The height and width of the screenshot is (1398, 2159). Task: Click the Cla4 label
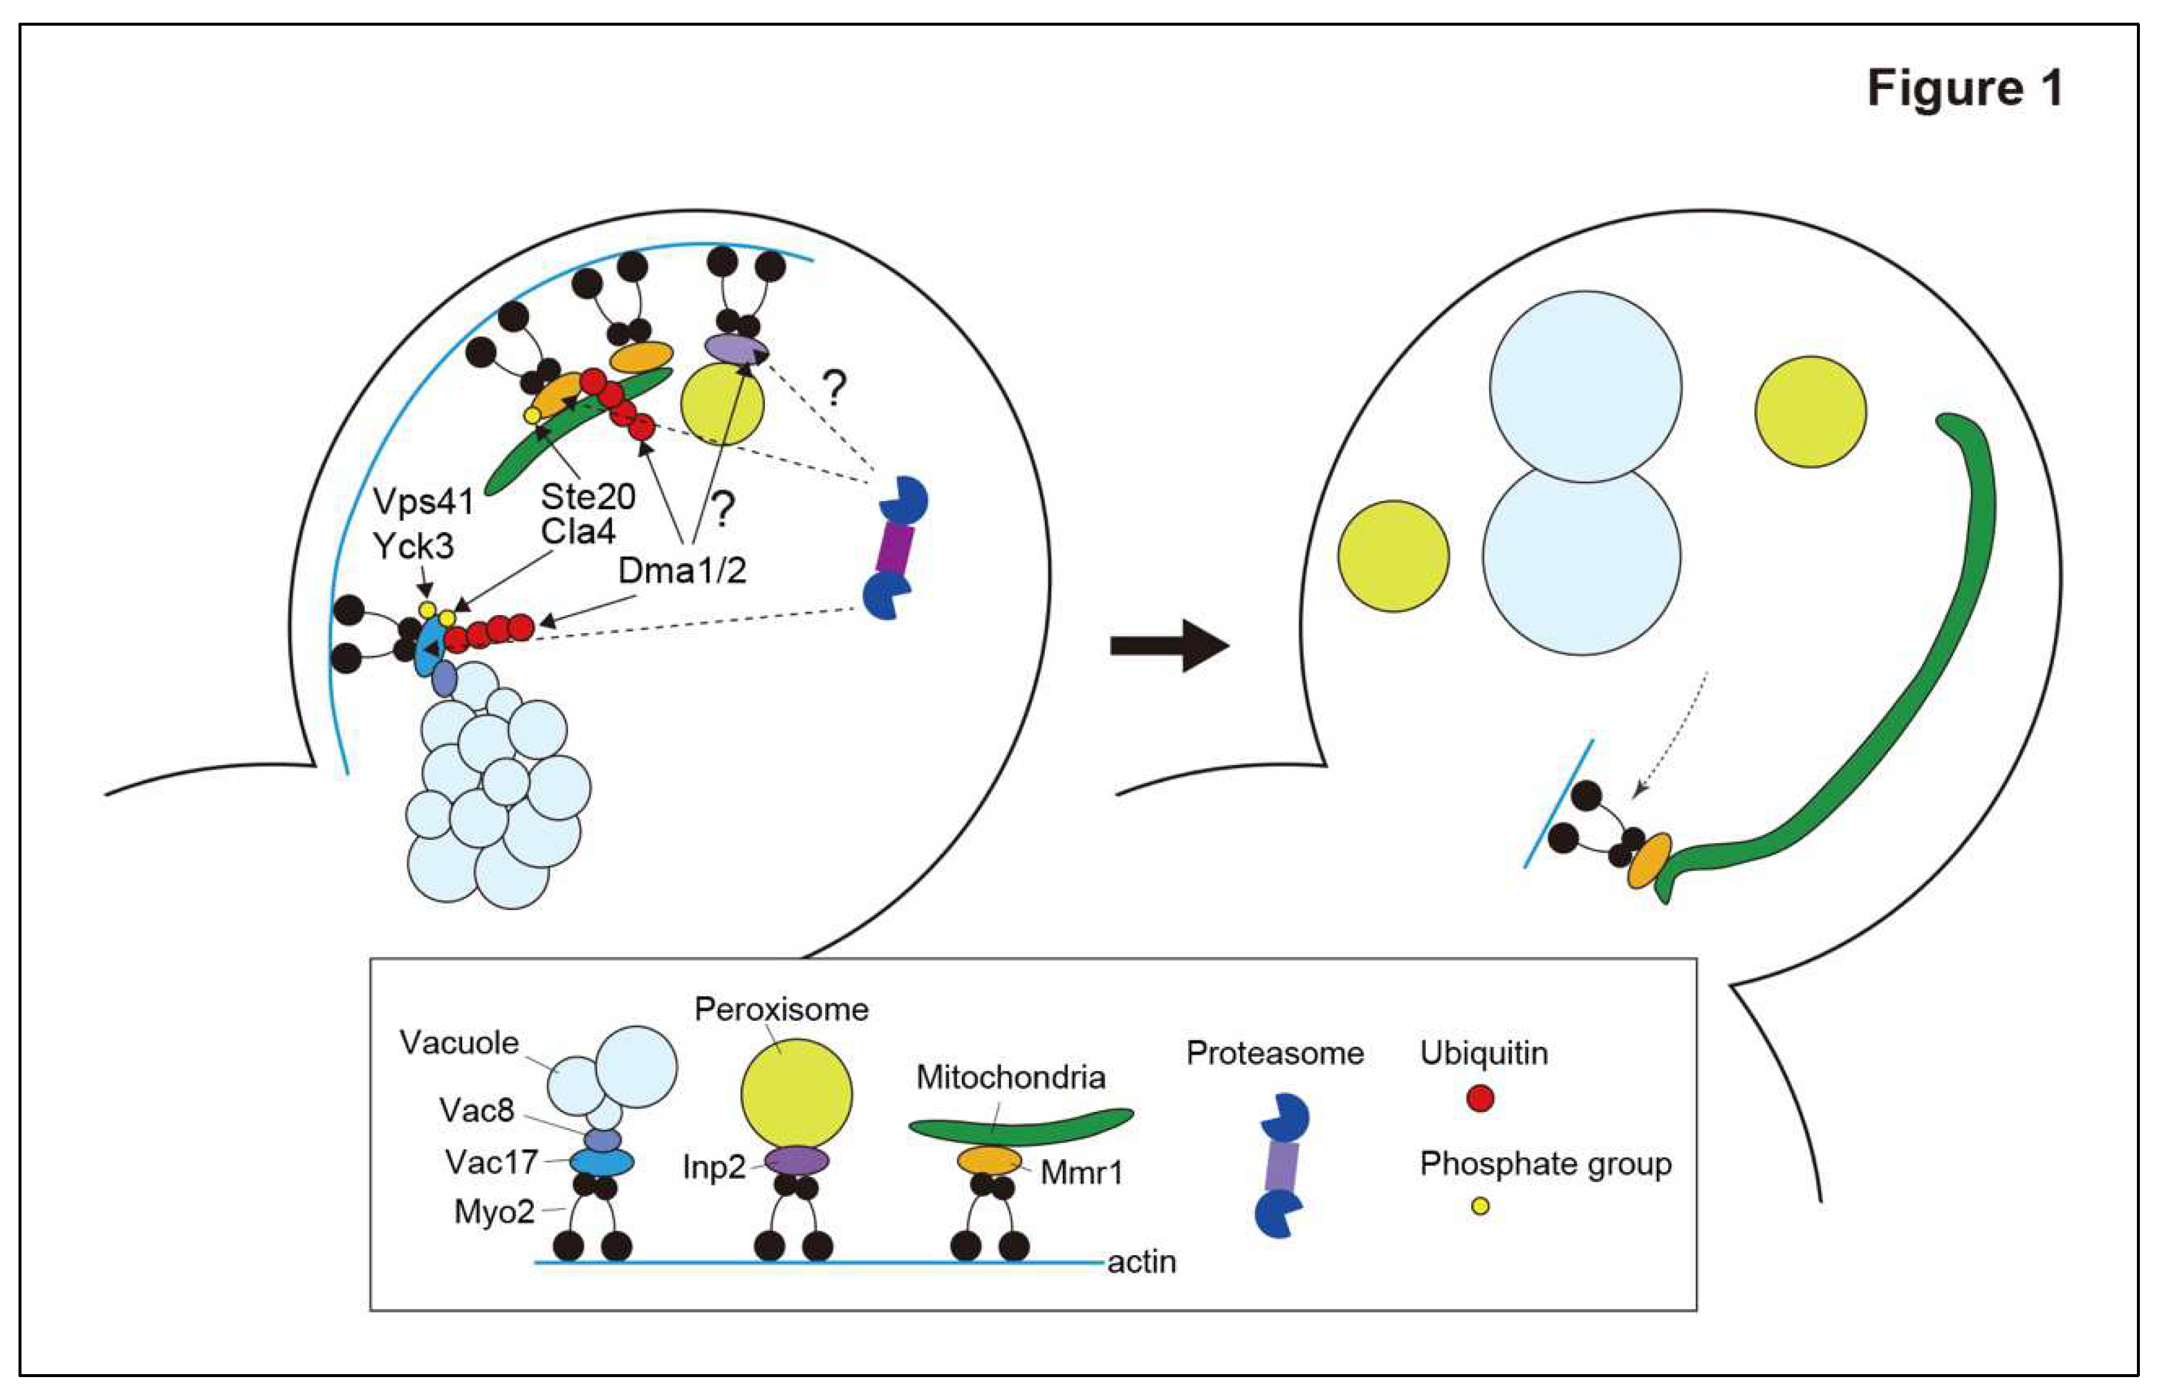[578, 531]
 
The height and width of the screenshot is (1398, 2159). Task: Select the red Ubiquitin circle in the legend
[1480, 1099]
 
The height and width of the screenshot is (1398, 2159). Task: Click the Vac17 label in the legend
[491, 1162]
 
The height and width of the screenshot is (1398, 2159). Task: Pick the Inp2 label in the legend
[714, 1167]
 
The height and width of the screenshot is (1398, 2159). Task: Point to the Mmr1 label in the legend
[1081, 1173]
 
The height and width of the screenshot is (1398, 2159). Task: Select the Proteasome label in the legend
[1275, 1053]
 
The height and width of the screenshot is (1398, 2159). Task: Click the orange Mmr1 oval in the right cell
[1649, 861]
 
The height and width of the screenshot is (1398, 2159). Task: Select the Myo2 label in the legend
[494, 1212]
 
